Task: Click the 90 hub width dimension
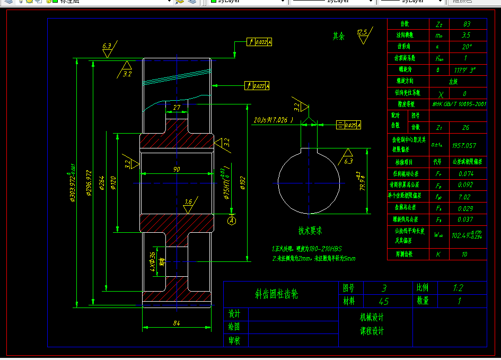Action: click(177, 169)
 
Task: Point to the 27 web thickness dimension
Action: click(177, 108)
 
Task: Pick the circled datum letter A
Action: click(232, 219)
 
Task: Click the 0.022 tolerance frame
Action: click(260, 42)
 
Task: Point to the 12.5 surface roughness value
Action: click(362, 32)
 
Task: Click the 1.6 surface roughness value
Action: click(188, 202)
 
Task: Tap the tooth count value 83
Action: click(466, 24)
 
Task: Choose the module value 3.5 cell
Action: click(466, 36)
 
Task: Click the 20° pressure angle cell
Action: click(466, 47)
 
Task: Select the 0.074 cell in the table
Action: click(466, 173)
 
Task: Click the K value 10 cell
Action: click(465, 254)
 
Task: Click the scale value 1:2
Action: click(458, 288)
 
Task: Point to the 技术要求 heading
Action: click(310, 231)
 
